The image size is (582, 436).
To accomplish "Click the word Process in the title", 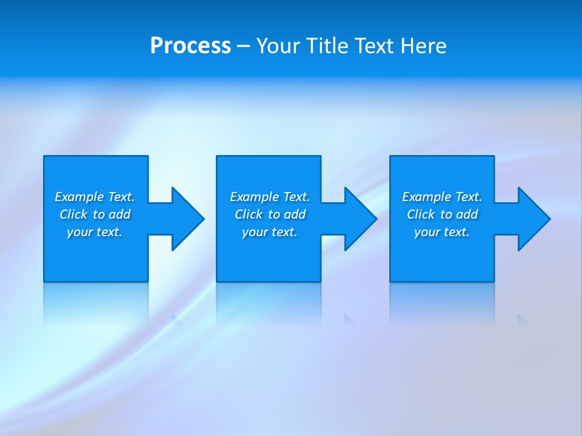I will coord(190,46).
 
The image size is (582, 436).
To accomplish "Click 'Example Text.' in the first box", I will coord(95,197).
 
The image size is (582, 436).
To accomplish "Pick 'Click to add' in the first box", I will coord(95,214).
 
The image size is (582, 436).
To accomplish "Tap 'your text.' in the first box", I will coord(95,232).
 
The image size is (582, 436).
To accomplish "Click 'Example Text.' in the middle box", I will coord(270,197).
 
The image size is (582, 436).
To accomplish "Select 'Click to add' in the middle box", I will coord(270,214).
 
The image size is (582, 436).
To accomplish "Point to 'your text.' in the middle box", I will coord(270,232).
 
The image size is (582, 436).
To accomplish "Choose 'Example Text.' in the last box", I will coord(442,197).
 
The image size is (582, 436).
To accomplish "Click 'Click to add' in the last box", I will coord(442,214).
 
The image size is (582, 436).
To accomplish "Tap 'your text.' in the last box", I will coord(442,232).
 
